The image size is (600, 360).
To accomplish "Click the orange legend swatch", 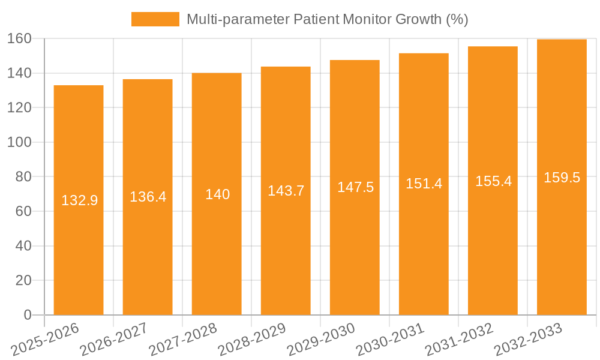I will (155, 19).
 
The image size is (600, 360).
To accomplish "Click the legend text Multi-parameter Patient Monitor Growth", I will (327, 19).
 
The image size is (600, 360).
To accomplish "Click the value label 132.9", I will (79, 200).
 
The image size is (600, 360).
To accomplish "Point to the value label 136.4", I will (148, 197).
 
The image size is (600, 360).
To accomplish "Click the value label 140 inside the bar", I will (217, 194).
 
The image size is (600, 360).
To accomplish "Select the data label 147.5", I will (355, 187).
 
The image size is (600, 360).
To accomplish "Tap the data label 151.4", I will (424, 184).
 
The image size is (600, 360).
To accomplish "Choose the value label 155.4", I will (493, 181).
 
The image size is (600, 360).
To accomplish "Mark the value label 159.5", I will (562, 178).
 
